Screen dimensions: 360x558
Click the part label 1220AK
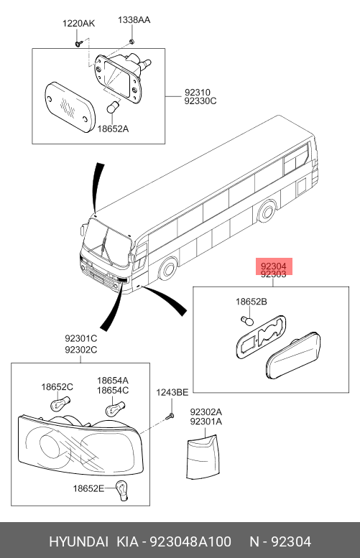79,24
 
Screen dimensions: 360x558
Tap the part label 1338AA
134,20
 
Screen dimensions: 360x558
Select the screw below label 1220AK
78,43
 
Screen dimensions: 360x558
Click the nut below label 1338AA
131,42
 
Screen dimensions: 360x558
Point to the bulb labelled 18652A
114,108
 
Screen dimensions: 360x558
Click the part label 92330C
200,101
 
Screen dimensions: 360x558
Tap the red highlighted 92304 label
274,266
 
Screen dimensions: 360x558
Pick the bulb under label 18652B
247,320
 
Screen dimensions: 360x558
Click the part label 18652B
251,302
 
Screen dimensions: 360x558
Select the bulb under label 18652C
58,404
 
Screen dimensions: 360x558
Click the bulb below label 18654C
115,409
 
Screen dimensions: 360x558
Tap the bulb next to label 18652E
121,490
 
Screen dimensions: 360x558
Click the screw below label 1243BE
170,416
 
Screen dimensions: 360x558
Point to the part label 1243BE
172,393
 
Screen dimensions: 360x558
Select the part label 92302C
80,350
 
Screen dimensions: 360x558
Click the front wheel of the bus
167,269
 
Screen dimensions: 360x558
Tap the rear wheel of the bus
267,211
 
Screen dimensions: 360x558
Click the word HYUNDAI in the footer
79,542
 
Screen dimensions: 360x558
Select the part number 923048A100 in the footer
190,542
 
